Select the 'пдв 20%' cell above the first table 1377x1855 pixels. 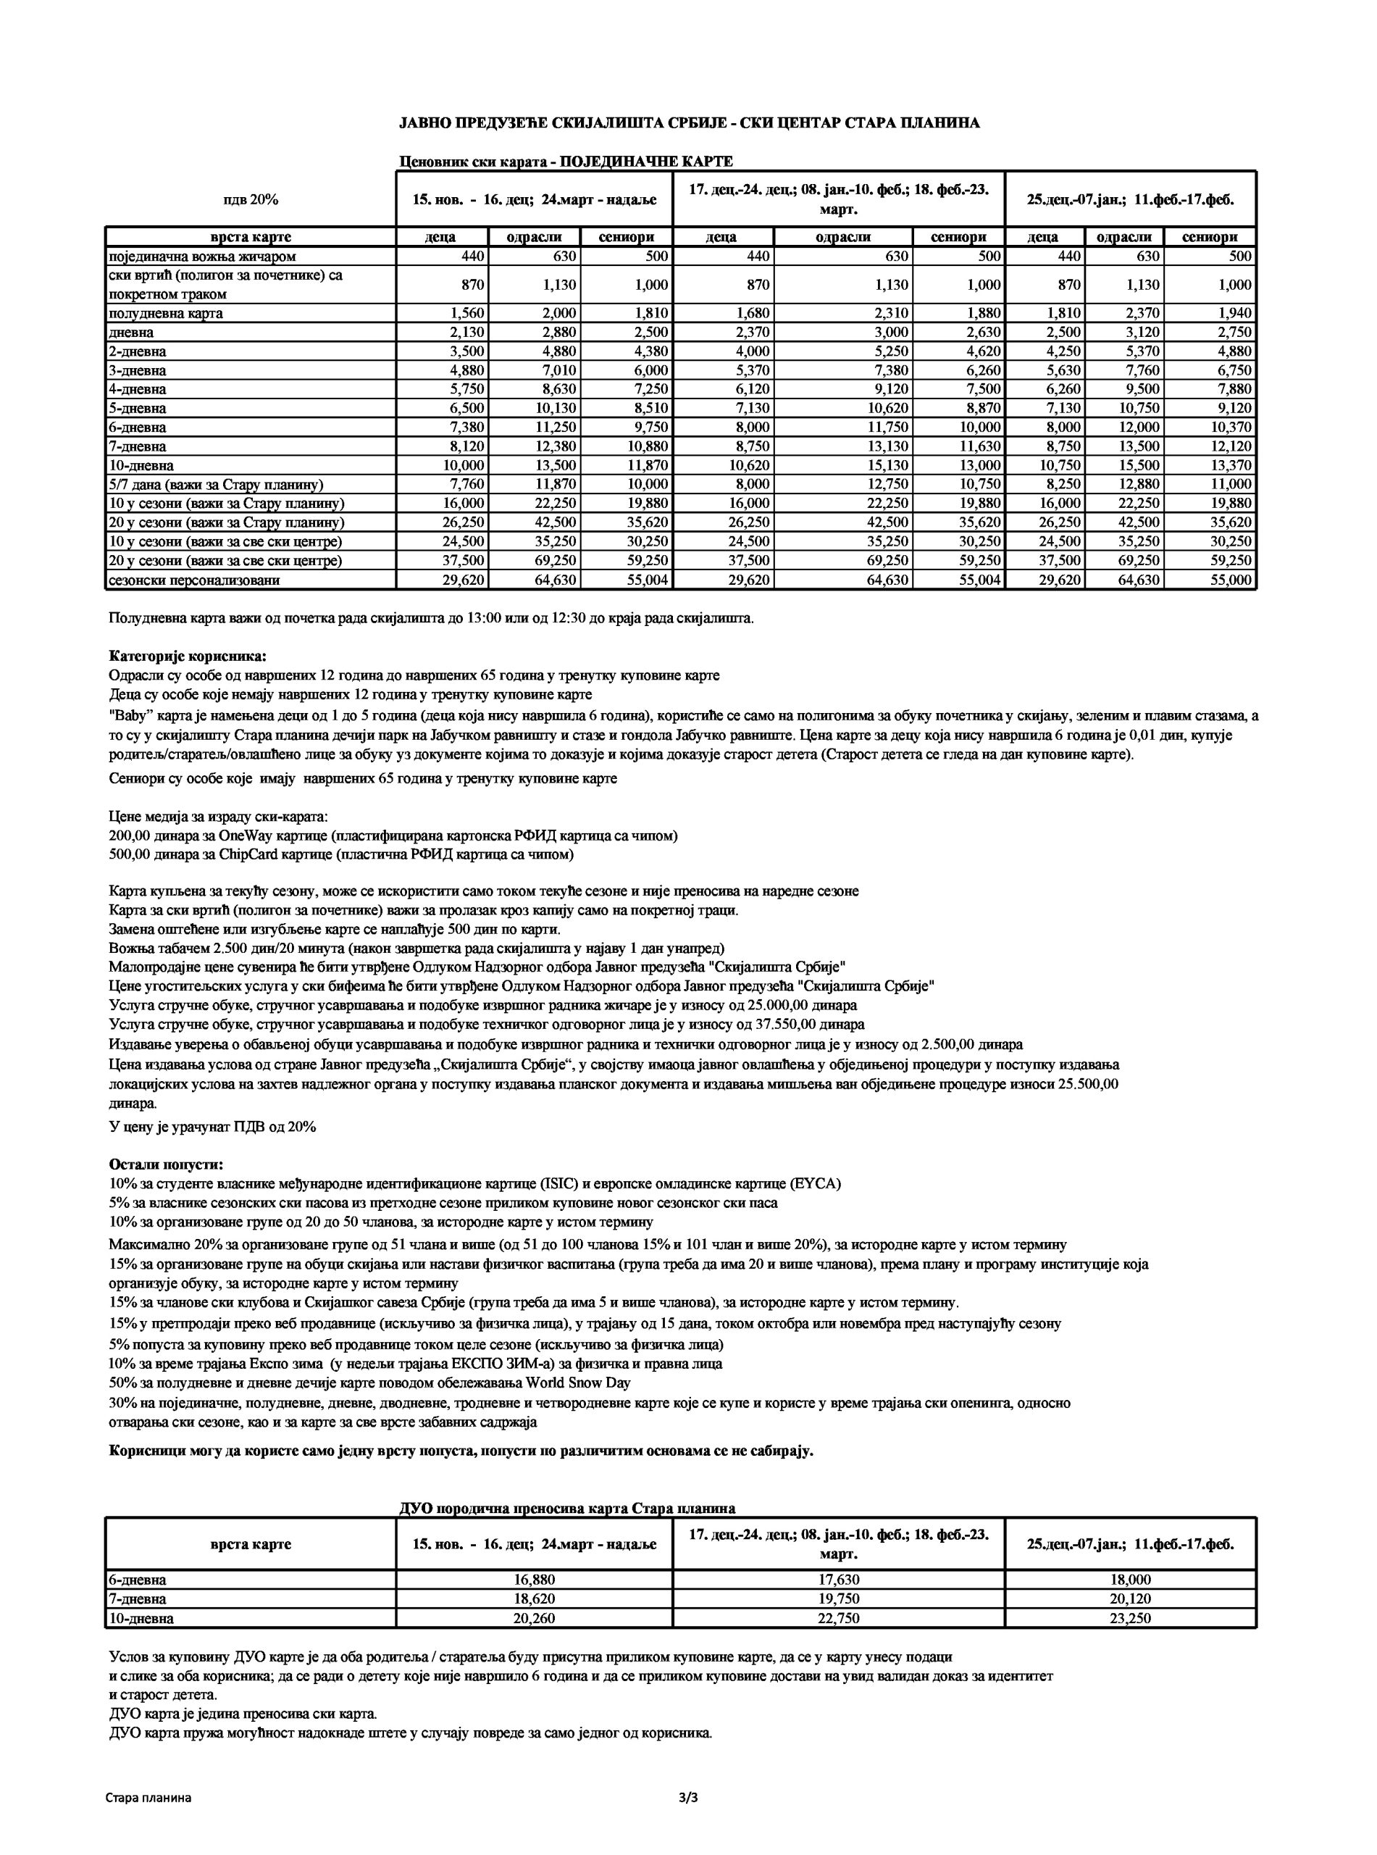tap(250, 199)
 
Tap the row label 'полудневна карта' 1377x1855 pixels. tap(166, 314)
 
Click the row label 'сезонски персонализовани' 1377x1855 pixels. tap(194, 580)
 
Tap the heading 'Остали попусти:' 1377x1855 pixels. tap(166, 1164)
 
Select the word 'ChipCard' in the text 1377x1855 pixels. tap(245, 854)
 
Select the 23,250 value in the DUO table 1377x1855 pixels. tap(1130, 1618)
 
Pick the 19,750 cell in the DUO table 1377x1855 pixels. tap(839, 1598)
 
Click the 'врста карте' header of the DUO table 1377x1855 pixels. tap(250, 1544)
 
